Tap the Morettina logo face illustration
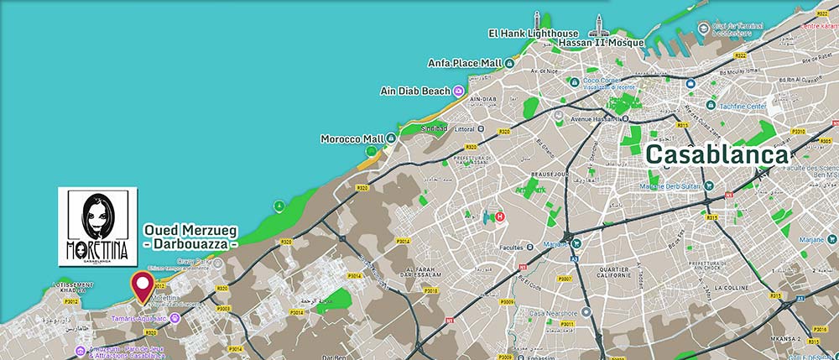coord(99,216)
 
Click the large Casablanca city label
coord(717,155)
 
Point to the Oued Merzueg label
coord(190,229)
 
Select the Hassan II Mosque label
coord(602,43)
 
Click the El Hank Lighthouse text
coord(533,33)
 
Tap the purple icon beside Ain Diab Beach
coord(458,91)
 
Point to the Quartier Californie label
coord(602,271)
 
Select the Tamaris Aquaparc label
coord(139,317)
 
